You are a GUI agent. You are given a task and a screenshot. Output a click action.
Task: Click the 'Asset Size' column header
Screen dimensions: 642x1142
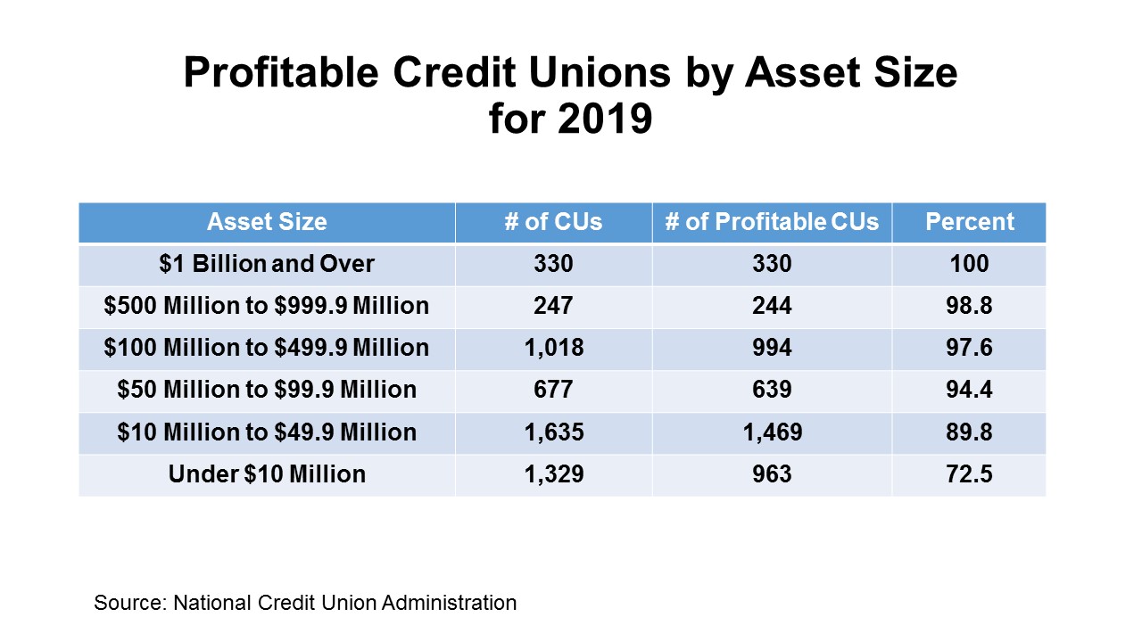click(267, 222)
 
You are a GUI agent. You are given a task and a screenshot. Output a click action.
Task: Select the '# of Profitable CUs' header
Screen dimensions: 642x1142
click(772, 222)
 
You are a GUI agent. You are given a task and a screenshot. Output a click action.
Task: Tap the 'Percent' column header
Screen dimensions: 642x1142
click(969, 222)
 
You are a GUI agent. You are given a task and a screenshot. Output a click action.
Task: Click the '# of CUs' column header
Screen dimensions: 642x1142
click(553, 222)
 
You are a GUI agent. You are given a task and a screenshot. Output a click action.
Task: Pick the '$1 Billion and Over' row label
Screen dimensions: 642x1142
click(267, 264)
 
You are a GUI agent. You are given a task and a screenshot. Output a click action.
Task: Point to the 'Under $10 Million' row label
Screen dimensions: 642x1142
click(267, 474)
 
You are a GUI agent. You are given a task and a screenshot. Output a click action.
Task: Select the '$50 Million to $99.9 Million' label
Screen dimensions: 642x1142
click(267, 390)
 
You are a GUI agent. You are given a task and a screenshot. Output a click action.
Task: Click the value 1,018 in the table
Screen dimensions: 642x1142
click(553, 348)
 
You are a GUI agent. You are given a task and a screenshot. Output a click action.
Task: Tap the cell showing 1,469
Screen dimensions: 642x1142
click(772, 432)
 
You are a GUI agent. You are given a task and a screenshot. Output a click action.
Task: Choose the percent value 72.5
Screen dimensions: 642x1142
click(969, 474)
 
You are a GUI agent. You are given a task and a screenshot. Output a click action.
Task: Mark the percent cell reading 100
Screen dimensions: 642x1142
click(969, 264)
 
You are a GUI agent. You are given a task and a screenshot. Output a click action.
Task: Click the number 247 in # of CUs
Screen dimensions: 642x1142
click(553, 306)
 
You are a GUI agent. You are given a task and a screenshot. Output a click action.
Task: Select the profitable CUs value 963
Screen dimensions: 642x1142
click(772, 474)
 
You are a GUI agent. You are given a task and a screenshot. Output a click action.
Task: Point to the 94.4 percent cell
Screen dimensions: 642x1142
click(969, 390)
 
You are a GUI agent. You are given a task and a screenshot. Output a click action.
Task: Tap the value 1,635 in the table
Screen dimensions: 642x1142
click(553, 432)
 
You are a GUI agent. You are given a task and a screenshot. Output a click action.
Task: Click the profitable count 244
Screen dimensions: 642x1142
click(772, 306)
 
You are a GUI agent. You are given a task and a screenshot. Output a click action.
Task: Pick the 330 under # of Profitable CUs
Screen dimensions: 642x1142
click(772, 264)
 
